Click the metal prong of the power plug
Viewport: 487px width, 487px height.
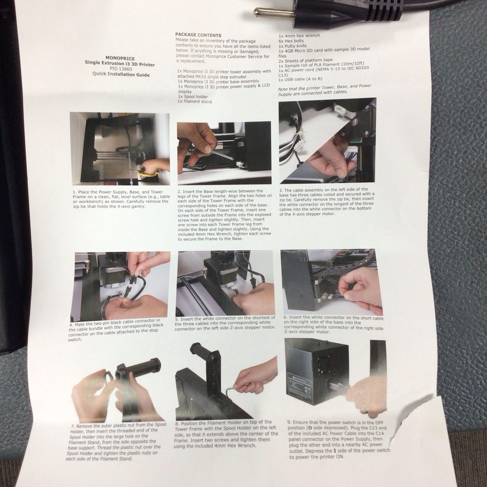tap(274, 13)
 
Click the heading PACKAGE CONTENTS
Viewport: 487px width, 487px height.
tap(198, 35)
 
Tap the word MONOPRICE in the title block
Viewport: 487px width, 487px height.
tap(120, 58)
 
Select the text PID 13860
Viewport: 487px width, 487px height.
tap(121, 69)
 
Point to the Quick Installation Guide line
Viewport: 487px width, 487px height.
tap(121, 75)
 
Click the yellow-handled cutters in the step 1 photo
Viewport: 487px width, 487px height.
tap(146, 172)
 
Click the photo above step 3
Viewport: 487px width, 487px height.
tap(327, 140)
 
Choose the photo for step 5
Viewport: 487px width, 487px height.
tap(225, 282)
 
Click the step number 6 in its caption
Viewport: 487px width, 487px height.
tap(285, 318)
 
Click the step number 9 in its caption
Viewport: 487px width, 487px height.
tap(289, 422)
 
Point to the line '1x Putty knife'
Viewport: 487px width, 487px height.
tap(293, 46)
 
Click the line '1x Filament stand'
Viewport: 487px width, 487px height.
tap(195, 102)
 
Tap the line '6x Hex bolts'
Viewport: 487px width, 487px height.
tap(291, 41)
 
